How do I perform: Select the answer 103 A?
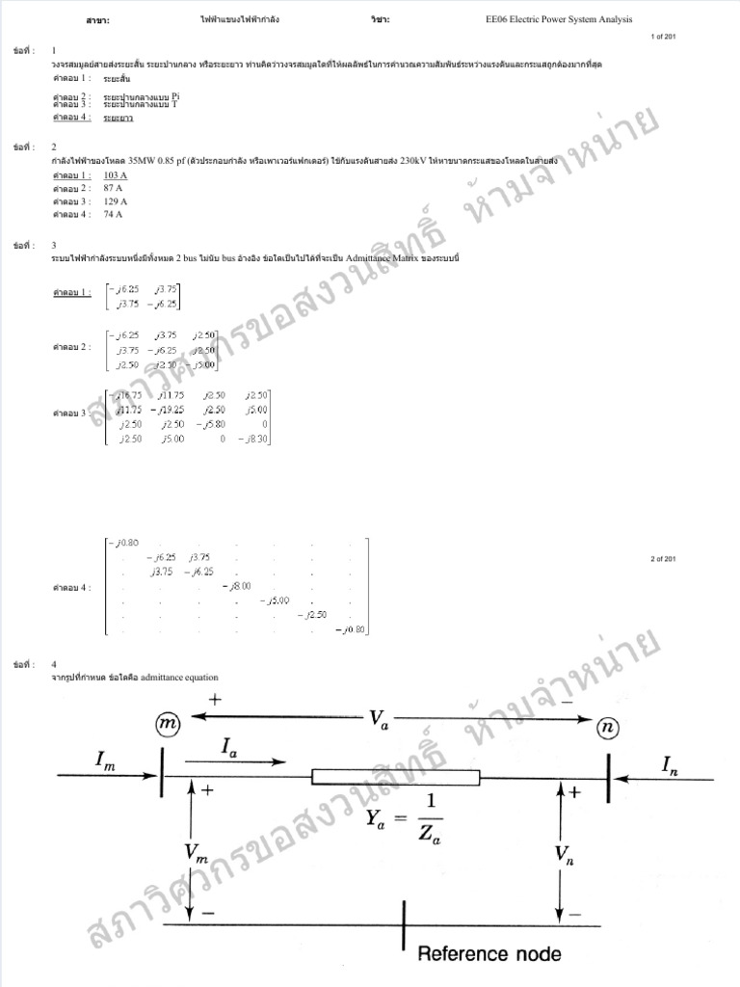pyautogui.click(x=115, y=174)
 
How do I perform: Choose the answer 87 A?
pyautogui.click(x=113, y=188)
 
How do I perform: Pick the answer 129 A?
pyautogui.click(x=115, y=201)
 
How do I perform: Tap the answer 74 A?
pyautogui.click(x=113, y=215)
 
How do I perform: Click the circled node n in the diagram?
pyautogui.click(x=607, y=729)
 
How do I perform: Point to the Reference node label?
pyautogui.click(x=489, y=953)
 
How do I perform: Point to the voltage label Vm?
pyautogui.click(x=196, y=851)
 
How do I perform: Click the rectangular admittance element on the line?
pyautogui.click(x=395, y=777)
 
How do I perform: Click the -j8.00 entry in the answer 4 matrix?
pyautogui.click(x=235, y=585)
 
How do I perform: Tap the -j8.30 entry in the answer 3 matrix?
pyautogui.click(x=255, y=440)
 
